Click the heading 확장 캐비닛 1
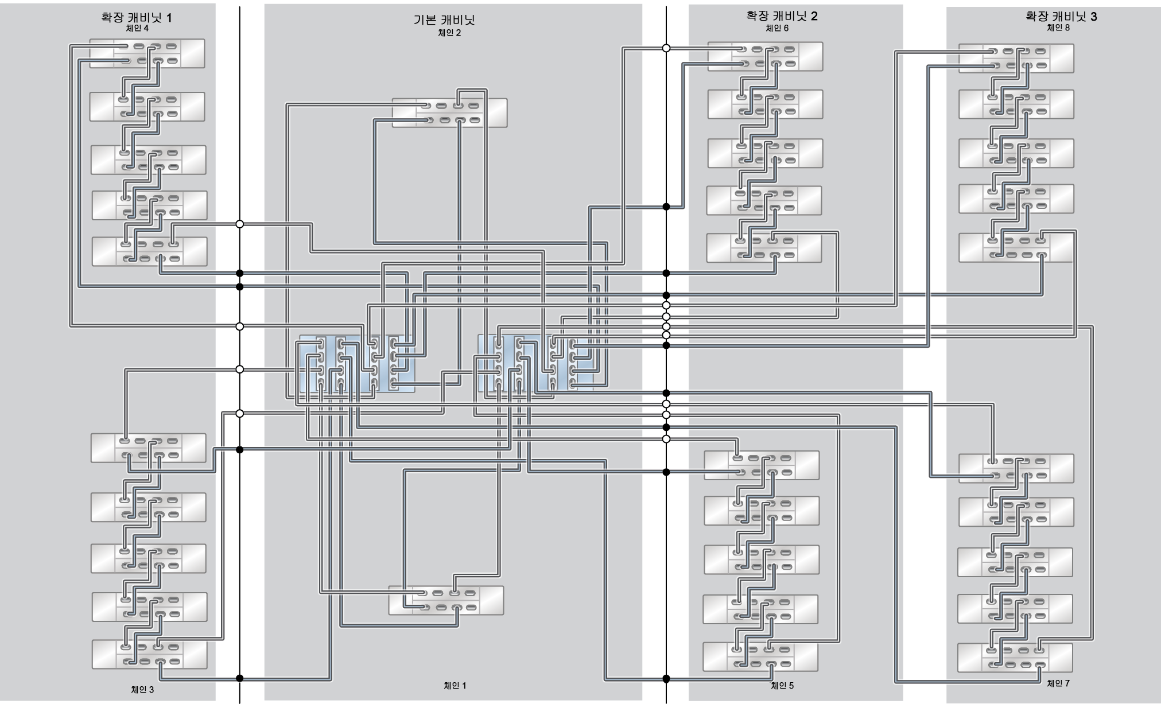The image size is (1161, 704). [x=137, y=17]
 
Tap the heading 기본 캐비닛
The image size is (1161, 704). [x=444, y=20]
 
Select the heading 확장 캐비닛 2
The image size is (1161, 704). [x=782, y=16]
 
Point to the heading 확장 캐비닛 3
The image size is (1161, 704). [x=1061, y=16]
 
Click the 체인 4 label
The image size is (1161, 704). [x=137, y=29]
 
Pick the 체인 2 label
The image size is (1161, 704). [x=449, y=33]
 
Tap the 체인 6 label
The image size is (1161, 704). [x=777, y=28]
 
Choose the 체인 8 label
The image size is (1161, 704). [x=1058, y=28]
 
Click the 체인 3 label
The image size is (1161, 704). [x=142, y=689]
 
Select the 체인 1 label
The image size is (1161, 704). [x=455, y=685]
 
